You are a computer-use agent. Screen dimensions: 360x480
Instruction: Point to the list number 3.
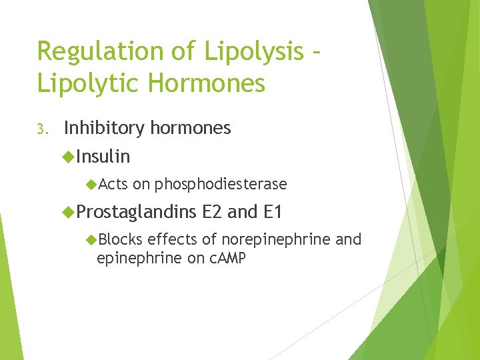pyautogui.click(x=41, y=129)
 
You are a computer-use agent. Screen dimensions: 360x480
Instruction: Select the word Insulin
pyautogui.click(x=103, y=157)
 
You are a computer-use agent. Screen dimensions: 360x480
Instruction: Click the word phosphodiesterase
pyautogui.click(x=221, y=184)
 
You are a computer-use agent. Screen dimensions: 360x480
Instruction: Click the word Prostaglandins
pyautogui.click(x=137, y=213)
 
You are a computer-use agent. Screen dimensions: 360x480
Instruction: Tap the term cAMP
pyautogui.click(x=227, y=258)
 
